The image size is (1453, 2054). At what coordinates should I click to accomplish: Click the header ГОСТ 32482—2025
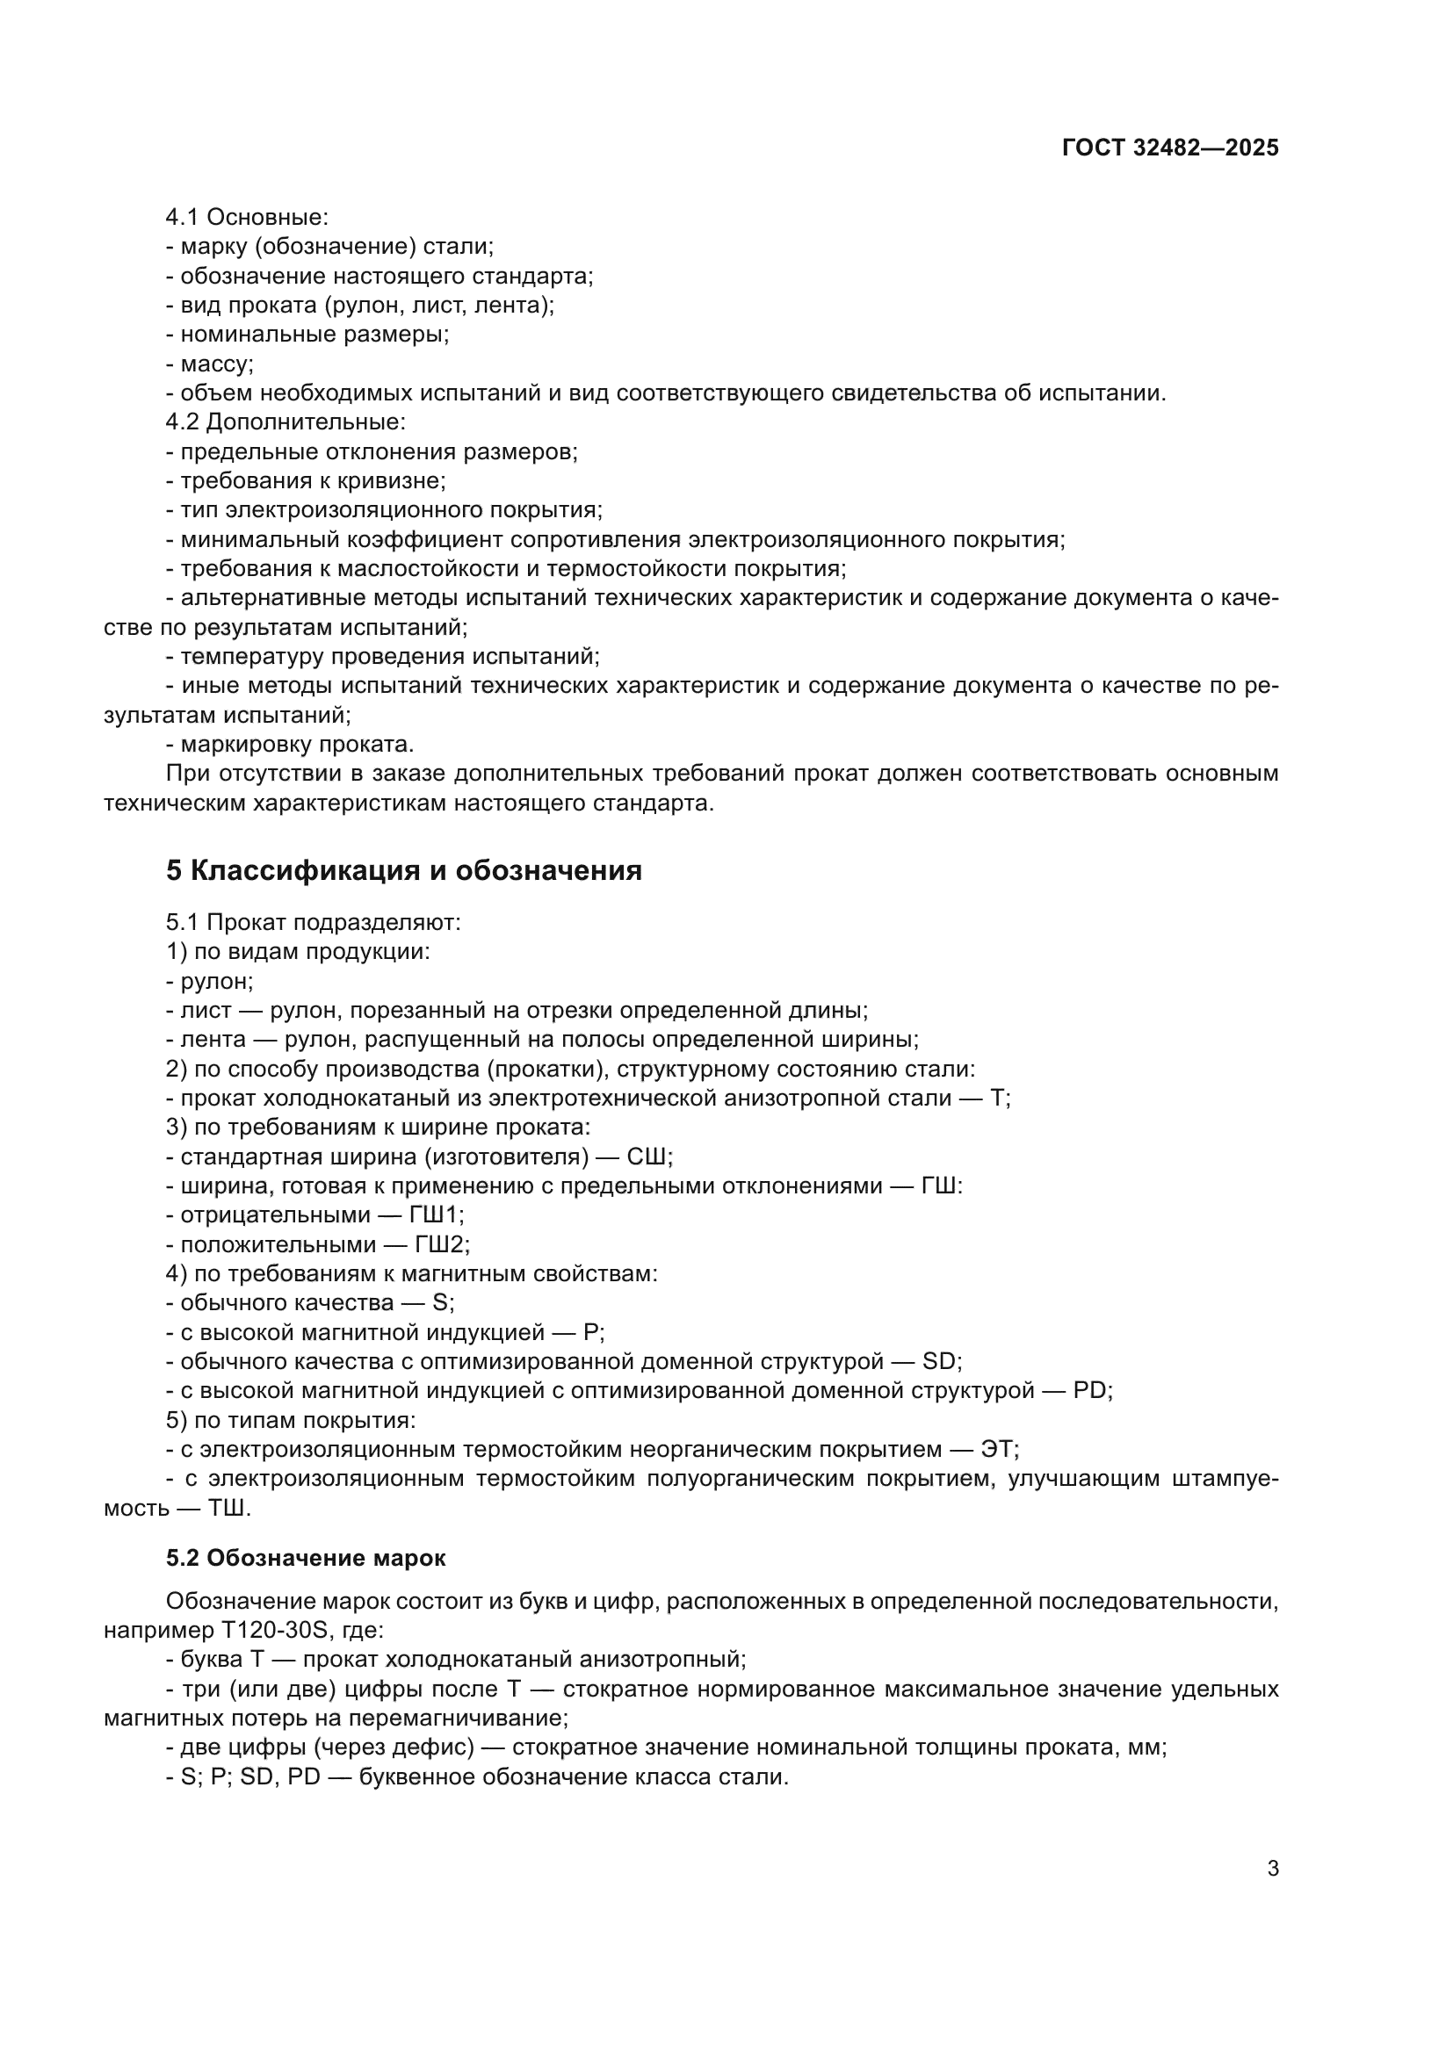pos(1169,148)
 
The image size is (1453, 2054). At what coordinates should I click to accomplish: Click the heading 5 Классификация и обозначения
pos(403,870)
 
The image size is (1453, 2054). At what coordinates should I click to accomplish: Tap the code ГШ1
pos(436,1214)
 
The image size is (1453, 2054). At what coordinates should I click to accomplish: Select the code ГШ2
pos(441,1244)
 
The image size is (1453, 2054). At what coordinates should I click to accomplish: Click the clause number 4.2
pos(183,422)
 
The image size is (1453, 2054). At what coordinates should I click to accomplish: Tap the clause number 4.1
pos(183,217)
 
